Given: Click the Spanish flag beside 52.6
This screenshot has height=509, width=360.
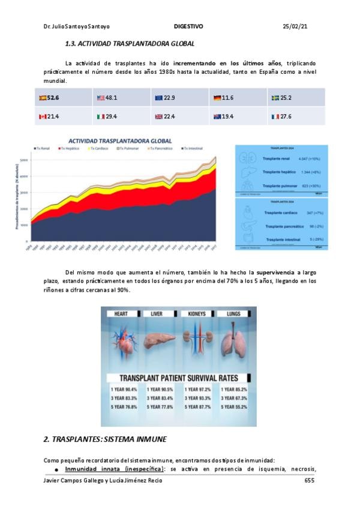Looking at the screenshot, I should coord(43,98).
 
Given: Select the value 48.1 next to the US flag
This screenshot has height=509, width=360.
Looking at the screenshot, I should coord(111,98).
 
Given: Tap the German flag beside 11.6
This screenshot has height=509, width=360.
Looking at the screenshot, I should coord(217,98).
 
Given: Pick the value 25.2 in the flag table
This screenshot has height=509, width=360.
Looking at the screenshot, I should coord(286,98).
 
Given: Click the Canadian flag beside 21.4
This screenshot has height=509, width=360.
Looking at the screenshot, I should coord(43,116).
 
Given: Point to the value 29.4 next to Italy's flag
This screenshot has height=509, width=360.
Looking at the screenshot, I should coord(111,116).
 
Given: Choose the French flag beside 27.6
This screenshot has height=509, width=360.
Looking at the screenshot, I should coord(275,116).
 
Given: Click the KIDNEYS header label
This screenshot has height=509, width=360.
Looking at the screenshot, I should coord(196,313).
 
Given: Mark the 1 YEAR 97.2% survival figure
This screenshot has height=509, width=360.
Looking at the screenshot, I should coord(198,390).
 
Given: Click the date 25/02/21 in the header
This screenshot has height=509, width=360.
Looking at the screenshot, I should coord(295,27).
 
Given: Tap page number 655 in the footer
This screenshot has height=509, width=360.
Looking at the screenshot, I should coord(310,481).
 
